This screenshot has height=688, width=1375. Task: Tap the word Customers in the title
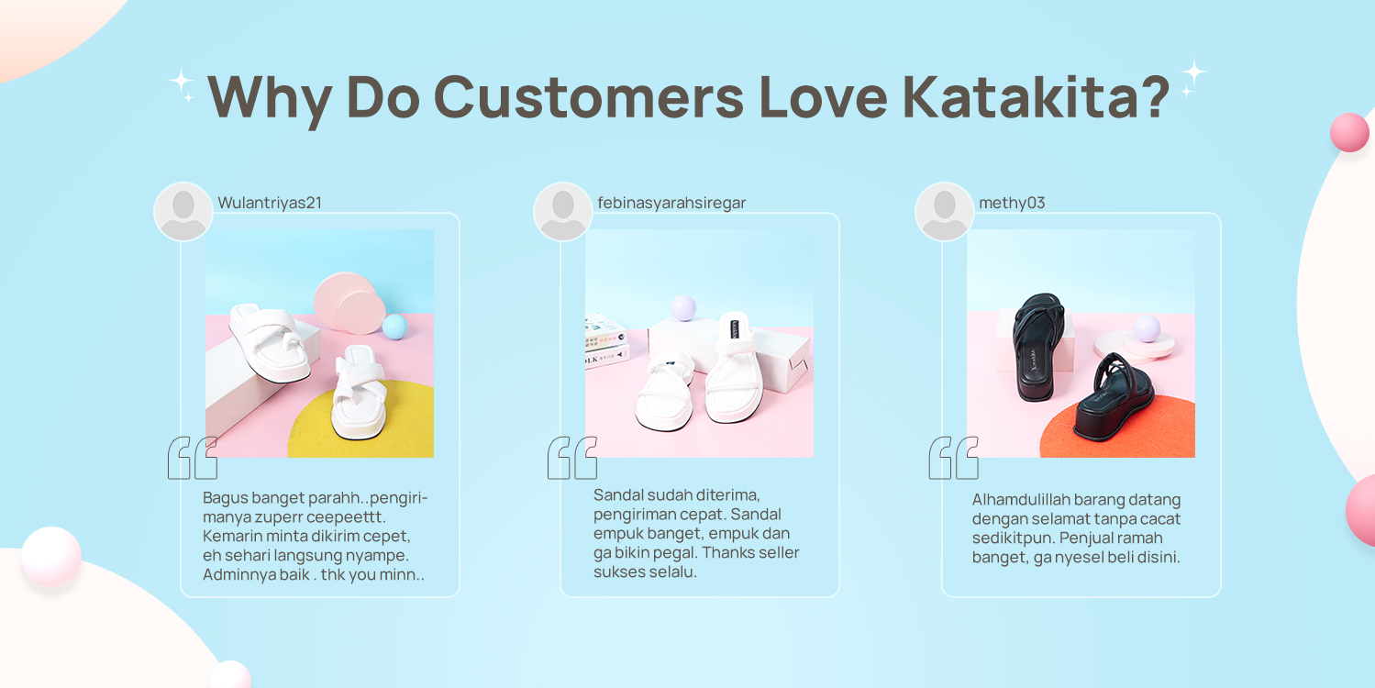(589, 95)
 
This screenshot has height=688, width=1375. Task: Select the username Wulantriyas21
(270, 203)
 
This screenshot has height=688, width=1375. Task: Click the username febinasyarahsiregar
(671, 203)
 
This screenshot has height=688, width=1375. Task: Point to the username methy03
(1012, 203)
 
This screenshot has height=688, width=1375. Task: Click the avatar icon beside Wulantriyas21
(183, 212)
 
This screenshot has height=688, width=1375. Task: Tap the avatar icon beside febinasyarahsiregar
(563, 212)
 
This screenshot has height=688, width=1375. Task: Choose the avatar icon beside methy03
(945, 212)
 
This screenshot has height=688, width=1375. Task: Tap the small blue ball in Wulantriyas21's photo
(394, 327)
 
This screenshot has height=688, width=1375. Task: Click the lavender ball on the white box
(683, 307)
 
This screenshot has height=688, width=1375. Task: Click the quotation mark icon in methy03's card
(954, 458)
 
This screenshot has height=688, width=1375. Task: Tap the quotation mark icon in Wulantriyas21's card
(193, 458)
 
